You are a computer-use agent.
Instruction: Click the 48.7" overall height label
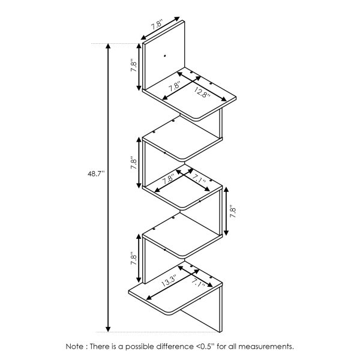(x=95, y=173)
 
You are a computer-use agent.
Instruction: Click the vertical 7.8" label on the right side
(x=233, y=212)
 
